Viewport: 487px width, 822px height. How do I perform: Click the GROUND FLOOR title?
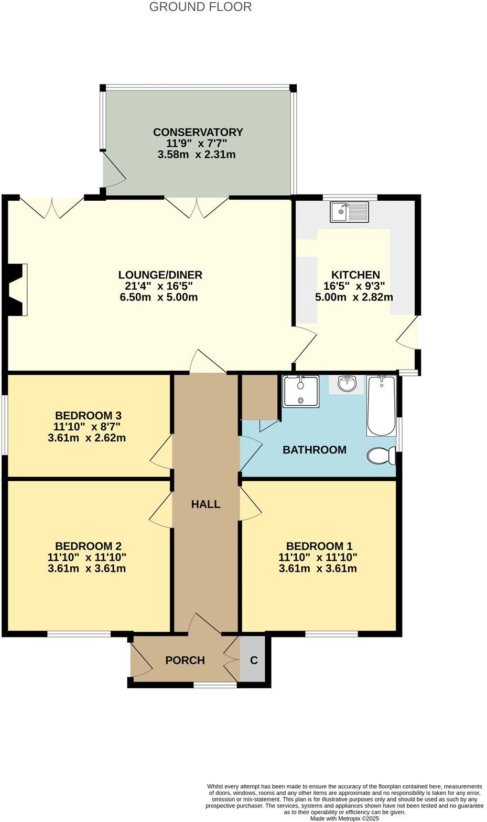click(x=200, y=7)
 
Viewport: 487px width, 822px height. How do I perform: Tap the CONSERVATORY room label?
click(x=198, y=132)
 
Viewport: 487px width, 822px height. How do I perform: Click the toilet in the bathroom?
click(x=382, y=456)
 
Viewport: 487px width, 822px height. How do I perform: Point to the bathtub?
click(x=381, y=406)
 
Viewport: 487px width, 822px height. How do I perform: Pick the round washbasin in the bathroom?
click(x=346, y=384)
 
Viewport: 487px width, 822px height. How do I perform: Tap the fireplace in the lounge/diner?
click(x=17, y=290)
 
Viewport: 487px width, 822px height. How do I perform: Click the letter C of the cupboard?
click(x=254, y=660)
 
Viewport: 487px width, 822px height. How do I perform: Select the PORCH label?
click(x=185, y=660)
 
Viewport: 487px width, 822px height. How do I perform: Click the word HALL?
click(x=205, y=504)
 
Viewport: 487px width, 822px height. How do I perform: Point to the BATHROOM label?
click(x=314, y=450)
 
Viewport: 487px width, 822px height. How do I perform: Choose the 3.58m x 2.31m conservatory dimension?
click(x=196, y=155)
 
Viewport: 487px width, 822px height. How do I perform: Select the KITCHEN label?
click(x=355, y=275)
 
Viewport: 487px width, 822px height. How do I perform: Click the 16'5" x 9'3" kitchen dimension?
click(x=354, y=286)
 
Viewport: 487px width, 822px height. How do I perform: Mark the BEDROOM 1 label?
click(x=319, y=546)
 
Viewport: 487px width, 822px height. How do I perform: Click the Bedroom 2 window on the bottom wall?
click(x=79, y=634)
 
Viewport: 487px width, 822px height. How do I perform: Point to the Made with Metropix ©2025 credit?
click(x=344, y=818)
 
